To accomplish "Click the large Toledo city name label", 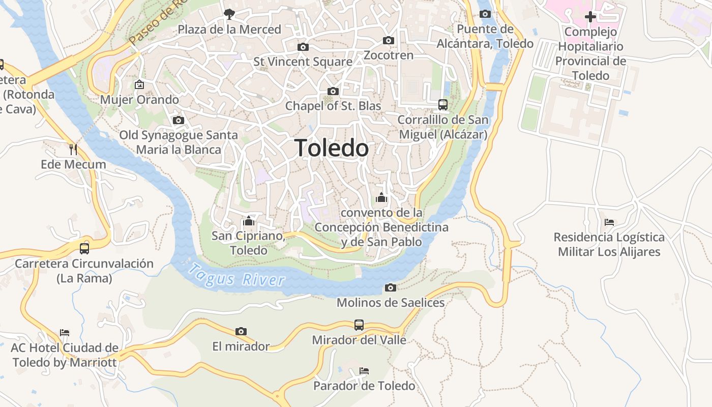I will (x=332, y=148).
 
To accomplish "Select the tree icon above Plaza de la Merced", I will (x=229, y=14).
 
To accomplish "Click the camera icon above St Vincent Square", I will (x=303, y=47).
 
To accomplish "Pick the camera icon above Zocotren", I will (x=389, y=40).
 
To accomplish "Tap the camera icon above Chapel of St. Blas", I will (x=333, y=91).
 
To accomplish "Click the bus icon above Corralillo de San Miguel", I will (x=443, y=105).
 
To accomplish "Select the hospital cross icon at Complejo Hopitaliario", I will (x=590, y=17).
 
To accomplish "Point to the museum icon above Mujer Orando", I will (x=139, y=84).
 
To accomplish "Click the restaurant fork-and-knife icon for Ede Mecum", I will (x=73, y=149).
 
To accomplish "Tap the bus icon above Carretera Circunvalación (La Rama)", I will (x=84, y=248).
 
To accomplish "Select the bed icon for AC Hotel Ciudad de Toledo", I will (x=65, y=333).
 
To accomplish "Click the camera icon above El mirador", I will (x=241, y=331).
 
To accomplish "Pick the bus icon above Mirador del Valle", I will (x=359, y=325).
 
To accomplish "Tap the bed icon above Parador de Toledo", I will (x=364, y=370).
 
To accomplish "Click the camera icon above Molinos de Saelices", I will (x=391, y=287).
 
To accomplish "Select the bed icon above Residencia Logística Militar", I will (x=609, y=222).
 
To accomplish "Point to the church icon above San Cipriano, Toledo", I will (x=249, y=221).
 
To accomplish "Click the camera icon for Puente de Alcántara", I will (x=485, y=14).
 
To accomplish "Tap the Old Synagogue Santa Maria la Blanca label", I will (x=179, y=142).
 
